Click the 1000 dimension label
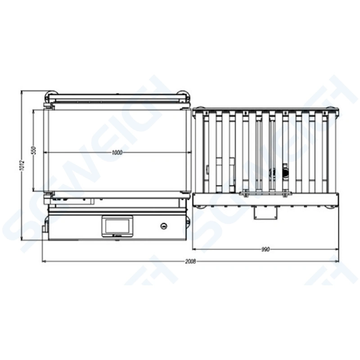click(116, 153)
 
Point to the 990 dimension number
click(265, 249)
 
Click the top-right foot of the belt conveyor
click(183, 94)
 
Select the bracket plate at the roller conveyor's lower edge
click(265, 194)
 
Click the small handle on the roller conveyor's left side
click(207, 170)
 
